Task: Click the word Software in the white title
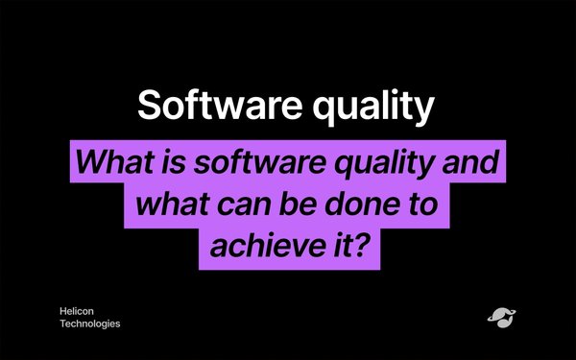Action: (x=220, y=105)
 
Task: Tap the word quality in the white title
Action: (x=373, y=107)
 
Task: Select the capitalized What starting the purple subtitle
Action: (x=114, y=161)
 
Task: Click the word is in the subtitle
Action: (x=174, y=162)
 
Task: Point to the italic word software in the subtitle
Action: (x=260, y=161)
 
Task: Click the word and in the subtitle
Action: (x=470, y=161)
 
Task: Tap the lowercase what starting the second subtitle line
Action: (x=172, y=204)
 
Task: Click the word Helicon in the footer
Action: (x=77, y=311)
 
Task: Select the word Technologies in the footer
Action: (x=90, y=324)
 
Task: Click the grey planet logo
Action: (x=501, y=318)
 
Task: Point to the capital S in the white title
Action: (x=150, y=105)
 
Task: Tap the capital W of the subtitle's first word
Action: (x=93, y=161)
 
